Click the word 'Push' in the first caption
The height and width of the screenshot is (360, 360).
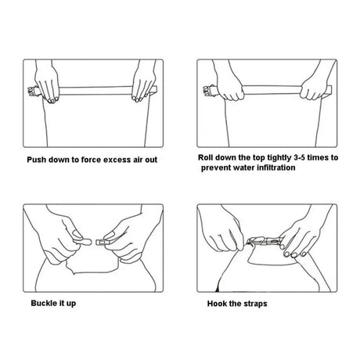click(x=36, y=160)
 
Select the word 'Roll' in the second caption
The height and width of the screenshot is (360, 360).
click(x=205, y=157)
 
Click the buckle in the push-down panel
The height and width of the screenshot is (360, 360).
click(x=34, y=92)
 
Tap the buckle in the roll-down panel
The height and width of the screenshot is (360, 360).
click(x=211, y=91)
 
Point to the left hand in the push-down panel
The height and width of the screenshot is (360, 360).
click(x=47, y=83)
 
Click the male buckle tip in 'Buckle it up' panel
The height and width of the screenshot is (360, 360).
click(x=85, y=242)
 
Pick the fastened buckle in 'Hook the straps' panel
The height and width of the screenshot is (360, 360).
click(x=264, y=241)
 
